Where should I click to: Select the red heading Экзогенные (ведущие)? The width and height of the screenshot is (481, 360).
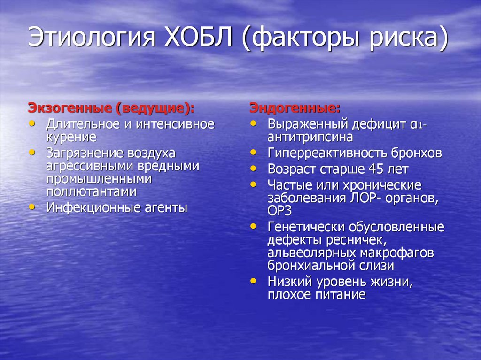pyautogui.click(x=112, y=108)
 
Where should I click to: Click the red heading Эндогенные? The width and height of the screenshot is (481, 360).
pyautogui.click(x=295, y=108)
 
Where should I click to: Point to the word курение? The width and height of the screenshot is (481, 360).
pyautogui.click(x=71, y=137)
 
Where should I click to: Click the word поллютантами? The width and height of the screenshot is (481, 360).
pyautogui.click(x=91, y=191)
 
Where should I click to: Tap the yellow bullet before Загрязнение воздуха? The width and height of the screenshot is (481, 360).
pyautogui.click(x=31, y=153)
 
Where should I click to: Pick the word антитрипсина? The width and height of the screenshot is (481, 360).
pyautogui.click(x=310, y=137)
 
